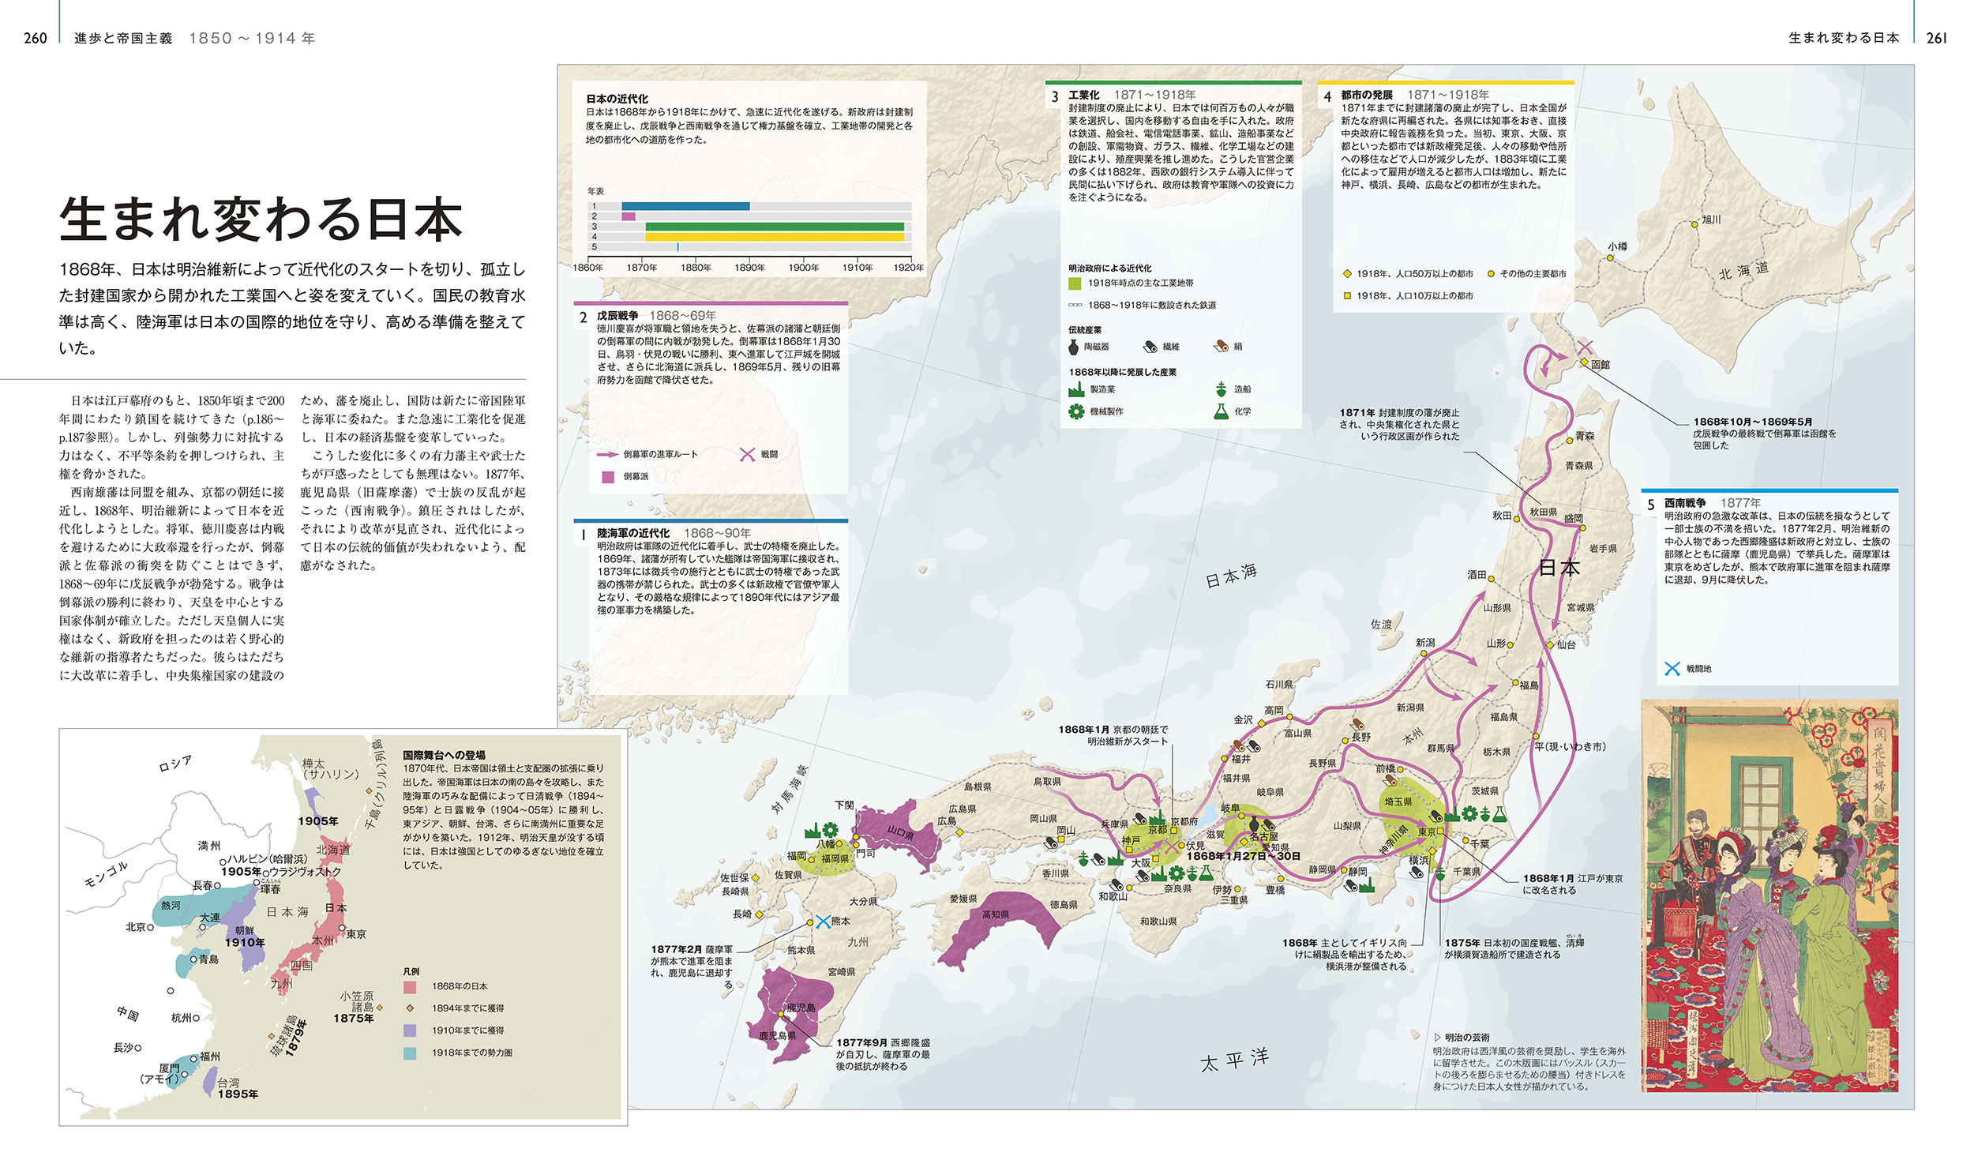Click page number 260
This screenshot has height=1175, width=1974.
[x=35, y=38]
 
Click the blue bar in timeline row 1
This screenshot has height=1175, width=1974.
[x=685, y=206]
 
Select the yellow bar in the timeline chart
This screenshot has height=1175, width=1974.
[x=774, y=236]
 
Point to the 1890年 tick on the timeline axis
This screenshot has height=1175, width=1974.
[x=749, y=268]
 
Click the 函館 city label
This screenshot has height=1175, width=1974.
[x=1600, y=365]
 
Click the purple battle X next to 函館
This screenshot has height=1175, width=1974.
[x=1584, y=347]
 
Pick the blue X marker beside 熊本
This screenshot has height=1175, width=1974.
[x=822, y=922]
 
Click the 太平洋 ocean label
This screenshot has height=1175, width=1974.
[x=1234, y=1060]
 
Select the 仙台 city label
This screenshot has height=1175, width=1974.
[x=1565, y=644]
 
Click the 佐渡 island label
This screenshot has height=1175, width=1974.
[x=1380, y=625]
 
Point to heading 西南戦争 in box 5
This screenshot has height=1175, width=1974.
[x=1683, y=503]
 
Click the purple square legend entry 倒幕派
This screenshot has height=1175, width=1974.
[x=608, y=477]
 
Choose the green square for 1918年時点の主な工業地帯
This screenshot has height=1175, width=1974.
[x=1074, y=283]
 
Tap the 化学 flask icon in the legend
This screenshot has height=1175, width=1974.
[x=1221, y=411]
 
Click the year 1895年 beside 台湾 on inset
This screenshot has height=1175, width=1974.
[x=238, y=1094]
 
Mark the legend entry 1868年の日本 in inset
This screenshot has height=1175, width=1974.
[x=410, y=986]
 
